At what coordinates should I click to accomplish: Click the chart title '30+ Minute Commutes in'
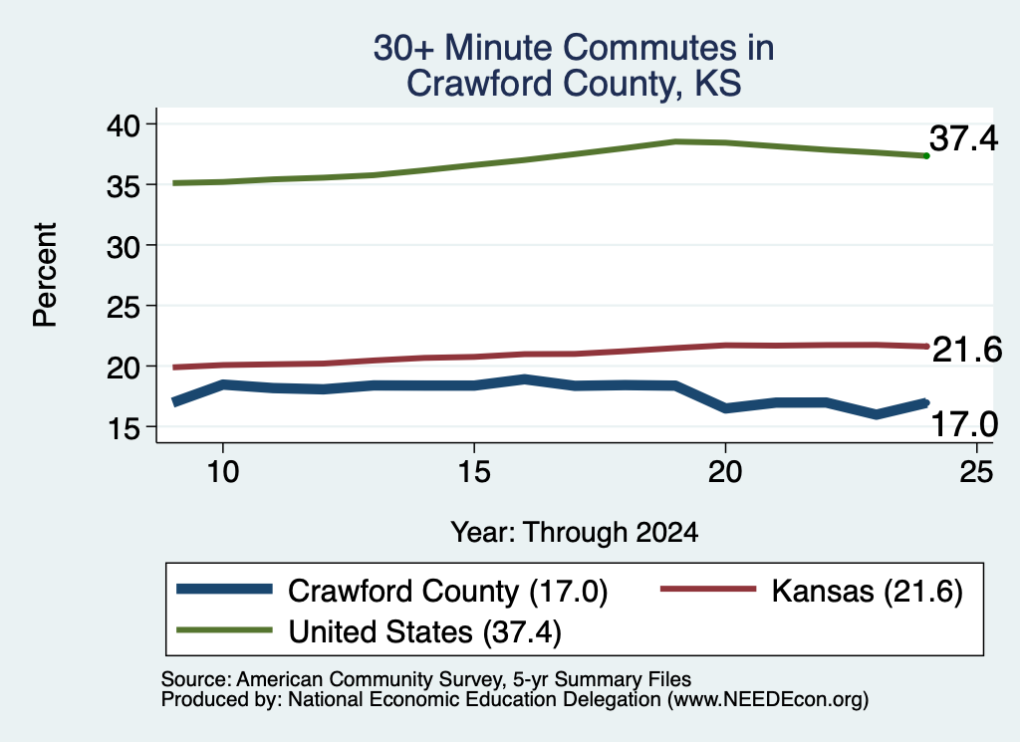coord(574,48)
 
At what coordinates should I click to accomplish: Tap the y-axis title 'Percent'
coord(46,275)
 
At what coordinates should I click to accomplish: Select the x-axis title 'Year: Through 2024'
coord(575,532)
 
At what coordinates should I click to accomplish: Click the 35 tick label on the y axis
coord(123,185)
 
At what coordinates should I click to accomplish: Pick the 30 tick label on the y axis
coord(123,246)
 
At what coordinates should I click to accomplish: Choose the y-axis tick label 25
coord(123,307)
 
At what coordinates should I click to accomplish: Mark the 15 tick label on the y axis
coord(123,428)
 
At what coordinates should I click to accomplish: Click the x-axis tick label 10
coord(223,471)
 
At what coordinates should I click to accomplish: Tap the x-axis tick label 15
coord(474,471)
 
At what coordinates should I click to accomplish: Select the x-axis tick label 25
coord(976,471)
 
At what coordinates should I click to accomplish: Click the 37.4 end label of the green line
coord(963,138)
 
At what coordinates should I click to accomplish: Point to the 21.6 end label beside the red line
coord(967,350)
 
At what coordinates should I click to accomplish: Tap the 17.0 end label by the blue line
coord(964,424)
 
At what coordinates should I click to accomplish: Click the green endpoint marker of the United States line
coord(926,156)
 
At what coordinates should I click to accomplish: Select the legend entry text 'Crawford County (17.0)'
coord(447,592)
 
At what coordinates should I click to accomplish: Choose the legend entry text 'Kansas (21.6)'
coord(868,592)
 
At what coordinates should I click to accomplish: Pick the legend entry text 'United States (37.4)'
coord(424,632)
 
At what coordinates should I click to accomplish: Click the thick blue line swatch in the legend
coord(224,590)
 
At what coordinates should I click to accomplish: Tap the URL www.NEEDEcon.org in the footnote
coord(767,700)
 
